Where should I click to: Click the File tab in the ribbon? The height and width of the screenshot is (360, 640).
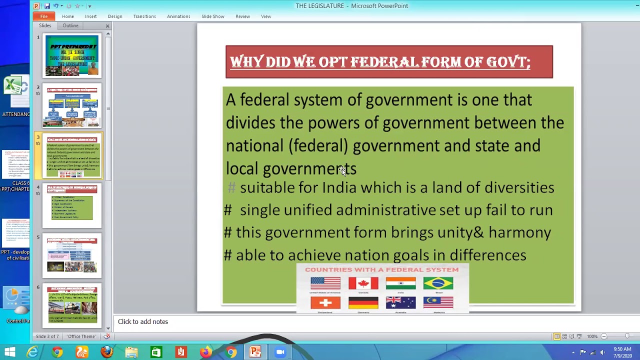click(x=44, y=16)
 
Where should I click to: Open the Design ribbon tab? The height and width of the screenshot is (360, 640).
click(x=115, y=16)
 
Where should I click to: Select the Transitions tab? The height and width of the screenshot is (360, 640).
click(x=144, y=16)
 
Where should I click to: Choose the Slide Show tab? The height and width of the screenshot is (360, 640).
click(x=213, y=16)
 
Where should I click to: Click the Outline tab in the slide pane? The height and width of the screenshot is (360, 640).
click(x=70, y=25)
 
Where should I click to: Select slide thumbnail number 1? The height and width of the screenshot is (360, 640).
click(x=72, y=55)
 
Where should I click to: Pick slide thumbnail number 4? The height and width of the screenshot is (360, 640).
click(x=72, y=205)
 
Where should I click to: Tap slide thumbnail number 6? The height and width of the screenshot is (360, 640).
click(x=72, y=305)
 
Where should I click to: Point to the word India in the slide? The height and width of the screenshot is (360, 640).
click(x=339, y=187)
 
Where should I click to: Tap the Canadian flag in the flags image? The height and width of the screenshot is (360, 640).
click(x=363, y=283)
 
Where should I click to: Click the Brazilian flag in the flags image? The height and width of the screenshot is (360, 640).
click(x=438, y=283)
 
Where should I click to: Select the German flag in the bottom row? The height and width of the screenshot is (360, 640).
click(x=363, y=302)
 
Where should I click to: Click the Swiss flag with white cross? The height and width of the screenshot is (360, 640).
click(x=325, y=302)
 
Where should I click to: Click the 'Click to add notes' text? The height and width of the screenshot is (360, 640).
click(x=143, y=321)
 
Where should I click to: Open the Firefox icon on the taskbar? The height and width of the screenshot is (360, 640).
click(x=107, y=352)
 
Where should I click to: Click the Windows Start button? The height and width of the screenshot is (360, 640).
click(x=9, y=352)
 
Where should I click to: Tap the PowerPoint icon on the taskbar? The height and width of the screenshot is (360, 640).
click(x=255, y=352)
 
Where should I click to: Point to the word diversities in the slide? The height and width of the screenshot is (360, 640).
click(x=519, y=187)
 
